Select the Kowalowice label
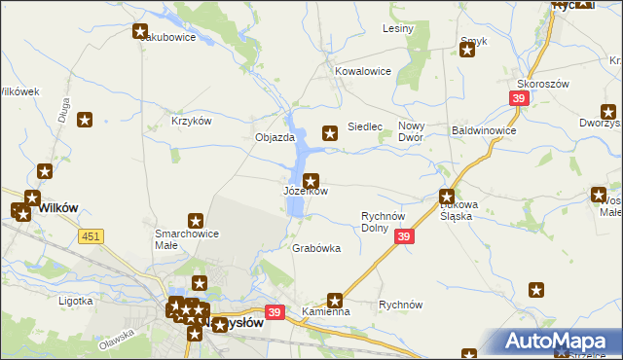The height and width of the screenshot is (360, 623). coord(362,71)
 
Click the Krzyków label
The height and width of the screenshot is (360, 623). coord(191,120)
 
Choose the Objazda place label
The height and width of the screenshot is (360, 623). coord(275,138)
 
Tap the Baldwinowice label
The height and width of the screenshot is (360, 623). coord(484,129)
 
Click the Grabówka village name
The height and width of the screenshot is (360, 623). coord(316,248)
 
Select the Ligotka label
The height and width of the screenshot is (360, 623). coord(75,301)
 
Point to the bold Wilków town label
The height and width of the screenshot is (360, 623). coord(56,207)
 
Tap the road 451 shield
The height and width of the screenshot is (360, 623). coord(92,235)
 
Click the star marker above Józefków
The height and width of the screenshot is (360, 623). coord(311,180)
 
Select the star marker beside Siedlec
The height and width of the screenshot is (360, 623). coord(330,132)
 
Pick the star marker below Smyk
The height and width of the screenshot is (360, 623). coord(466,50)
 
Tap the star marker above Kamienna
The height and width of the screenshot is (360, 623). coord(336,301)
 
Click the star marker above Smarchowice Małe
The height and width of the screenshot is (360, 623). coord(196,222)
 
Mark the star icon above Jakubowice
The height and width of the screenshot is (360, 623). coord(139,31)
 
